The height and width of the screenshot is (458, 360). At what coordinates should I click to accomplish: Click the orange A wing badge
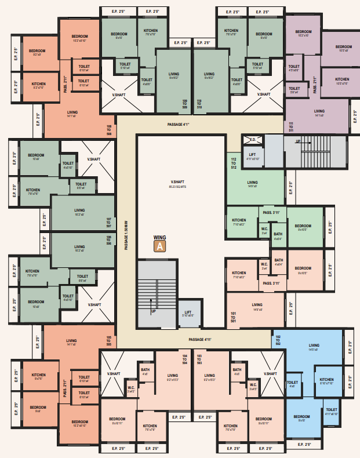[159, 246]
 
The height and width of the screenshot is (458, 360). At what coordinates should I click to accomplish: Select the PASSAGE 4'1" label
[179, 124]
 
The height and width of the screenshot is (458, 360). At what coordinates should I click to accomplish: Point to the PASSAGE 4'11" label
[200, 339]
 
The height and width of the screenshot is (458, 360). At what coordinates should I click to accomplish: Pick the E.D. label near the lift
[253, 140]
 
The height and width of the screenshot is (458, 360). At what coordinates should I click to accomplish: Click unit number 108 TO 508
[108, 130]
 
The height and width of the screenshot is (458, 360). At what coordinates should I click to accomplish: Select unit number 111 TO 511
[290, 127]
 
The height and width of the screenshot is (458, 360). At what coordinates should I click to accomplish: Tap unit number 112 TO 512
[234, 163]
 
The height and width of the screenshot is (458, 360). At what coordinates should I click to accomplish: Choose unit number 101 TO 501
[234, 317]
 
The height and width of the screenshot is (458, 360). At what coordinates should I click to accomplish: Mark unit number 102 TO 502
[278, 341]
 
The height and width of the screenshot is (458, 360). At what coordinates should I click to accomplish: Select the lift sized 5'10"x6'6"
[188, 313]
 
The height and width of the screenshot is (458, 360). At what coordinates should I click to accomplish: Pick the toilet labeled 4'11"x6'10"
[331, 412]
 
